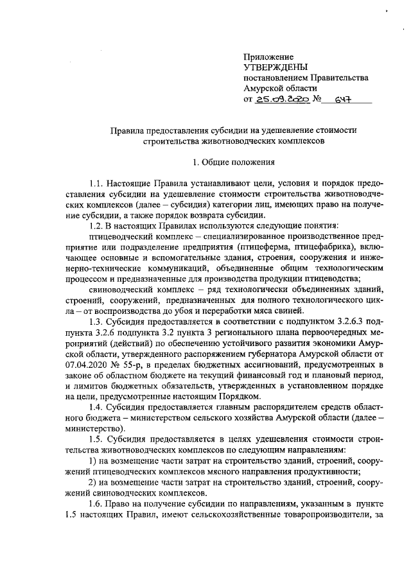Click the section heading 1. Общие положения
click(234, 161)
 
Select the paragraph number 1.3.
click(96, 320)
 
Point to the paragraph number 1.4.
click(96, 408)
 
